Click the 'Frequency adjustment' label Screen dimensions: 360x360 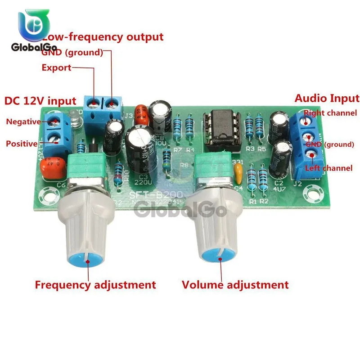tap(95, 285)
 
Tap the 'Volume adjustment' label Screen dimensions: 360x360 tap(235, 285)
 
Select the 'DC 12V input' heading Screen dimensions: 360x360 tap(40, 100)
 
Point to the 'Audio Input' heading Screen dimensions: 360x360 tap(327, 99)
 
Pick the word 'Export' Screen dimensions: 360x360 tap(56, 68)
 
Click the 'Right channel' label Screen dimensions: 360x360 tap(331, 113)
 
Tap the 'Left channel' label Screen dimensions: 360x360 tap(328, 168)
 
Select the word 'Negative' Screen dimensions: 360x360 tap(23, 121)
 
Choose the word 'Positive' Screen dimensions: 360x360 tap(22, 144)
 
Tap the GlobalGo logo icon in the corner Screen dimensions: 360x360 tap(34, 27)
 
